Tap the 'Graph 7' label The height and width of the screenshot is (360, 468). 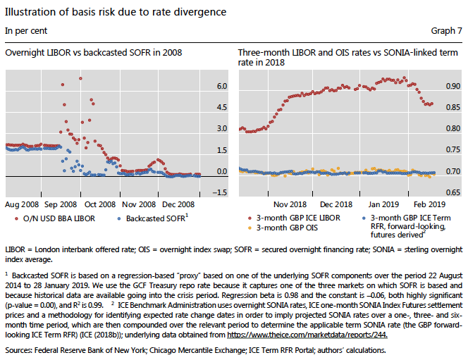[x=446, y=31]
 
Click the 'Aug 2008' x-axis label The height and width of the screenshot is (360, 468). [x=21, y=204]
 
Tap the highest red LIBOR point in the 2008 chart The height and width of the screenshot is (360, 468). [x=81, y=79]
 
